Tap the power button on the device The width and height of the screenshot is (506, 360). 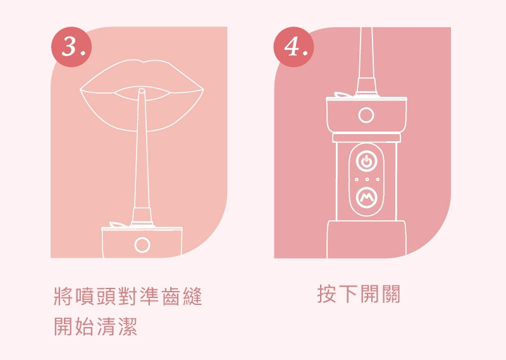click(366, 162)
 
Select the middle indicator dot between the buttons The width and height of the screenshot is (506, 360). click(366, 181)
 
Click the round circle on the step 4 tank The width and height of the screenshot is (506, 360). click(366, 115)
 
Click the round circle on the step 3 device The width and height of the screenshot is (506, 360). click(142, 244)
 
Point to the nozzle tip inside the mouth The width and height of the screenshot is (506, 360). click(141, 92)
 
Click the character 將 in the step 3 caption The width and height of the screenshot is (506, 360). click(64, 296)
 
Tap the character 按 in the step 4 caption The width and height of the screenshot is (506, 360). click(327, 294)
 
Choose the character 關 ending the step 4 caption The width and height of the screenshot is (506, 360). click(392, 294)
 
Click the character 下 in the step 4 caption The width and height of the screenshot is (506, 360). click(349, 294)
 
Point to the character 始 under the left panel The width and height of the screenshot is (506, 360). click(85, 328)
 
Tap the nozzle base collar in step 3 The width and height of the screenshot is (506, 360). click(142, 215)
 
